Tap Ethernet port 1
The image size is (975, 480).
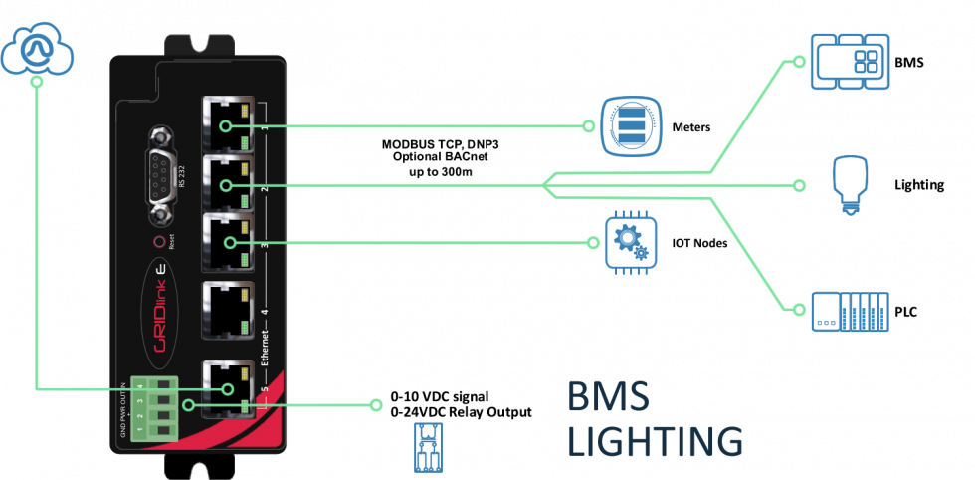click(227, 125)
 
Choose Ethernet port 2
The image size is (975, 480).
click(227, 184)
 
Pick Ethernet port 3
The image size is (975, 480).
click(227, 243)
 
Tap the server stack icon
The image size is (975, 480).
click(631, 126)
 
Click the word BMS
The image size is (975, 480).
click(608, 397)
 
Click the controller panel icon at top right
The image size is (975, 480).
click(850, 61)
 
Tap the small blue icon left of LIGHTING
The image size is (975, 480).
click(428, 446)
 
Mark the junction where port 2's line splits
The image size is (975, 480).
click(544, 185)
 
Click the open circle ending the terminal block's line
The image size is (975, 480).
click(375, 405)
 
